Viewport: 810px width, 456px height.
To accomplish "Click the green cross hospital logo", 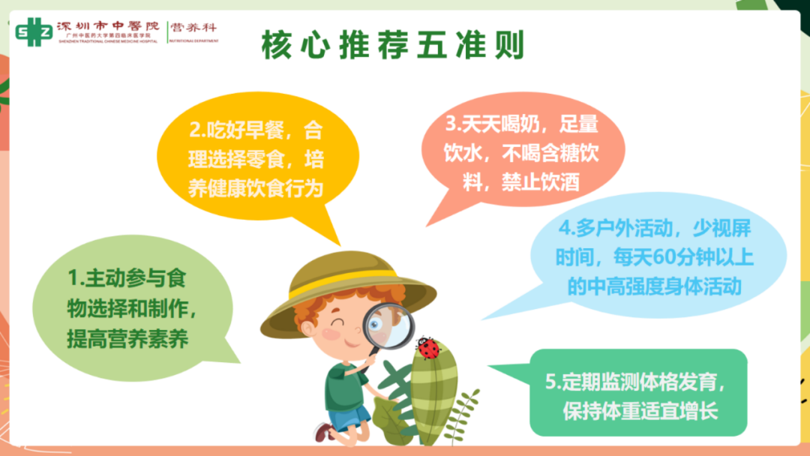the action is (34, 32).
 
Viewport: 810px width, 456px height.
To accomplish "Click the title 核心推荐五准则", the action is (392, 45).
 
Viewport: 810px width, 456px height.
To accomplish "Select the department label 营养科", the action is (193, 27).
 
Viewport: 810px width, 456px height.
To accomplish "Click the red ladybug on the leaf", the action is (428, 347).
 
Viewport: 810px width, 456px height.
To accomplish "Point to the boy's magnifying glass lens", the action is (389, 325).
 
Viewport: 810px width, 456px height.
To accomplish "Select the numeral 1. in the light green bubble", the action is (76, 277).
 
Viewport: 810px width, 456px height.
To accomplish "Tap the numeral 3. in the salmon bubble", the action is (454, 124).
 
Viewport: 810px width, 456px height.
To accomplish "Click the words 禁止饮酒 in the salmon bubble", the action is (541, 182).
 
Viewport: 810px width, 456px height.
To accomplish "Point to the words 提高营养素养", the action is (127, 339).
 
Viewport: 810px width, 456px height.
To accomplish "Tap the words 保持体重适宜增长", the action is (640, 412).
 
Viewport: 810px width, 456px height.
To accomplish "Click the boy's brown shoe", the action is (324, 432).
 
